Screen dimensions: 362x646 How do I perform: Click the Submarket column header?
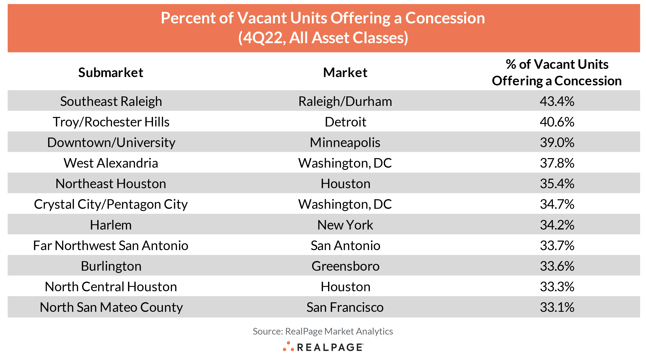tap(111, 73)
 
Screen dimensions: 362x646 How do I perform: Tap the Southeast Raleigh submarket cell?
tap(111, 101)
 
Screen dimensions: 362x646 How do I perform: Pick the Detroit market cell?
tap(345, 122)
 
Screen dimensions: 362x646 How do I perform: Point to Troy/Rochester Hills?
tap(111, 122)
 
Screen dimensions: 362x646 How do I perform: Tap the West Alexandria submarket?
tap(111, 163)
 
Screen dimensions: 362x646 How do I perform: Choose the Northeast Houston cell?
tap(111, 184)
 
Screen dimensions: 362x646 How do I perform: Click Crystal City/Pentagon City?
tap(111, 204)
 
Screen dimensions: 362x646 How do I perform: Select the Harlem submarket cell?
tap(111, 225)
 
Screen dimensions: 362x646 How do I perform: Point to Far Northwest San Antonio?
tap(111, 245)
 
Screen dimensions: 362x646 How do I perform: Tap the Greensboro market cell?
tap(345, 266)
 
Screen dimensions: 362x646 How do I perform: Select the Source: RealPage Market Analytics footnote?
tap(323, 331)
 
